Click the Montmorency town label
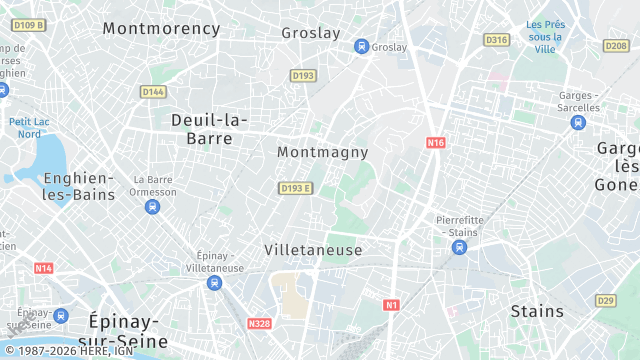[161, 29]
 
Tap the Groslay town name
[311, 32]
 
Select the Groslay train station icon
[361, 47]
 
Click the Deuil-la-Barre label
[210, 129]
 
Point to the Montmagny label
[322, 153]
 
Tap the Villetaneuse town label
[313, 249]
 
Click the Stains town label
[537, 311]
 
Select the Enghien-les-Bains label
[79, 186]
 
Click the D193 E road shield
[296, 188]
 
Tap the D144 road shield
[153, 92]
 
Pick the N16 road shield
[435, 143]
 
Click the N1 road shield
[392, 304]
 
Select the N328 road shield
[259, 323]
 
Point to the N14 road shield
[43, 268]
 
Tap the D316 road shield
[496, 40]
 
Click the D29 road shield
[605, 300]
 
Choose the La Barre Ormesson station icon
[152, 207]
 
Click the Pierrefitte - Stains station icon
[459, 247]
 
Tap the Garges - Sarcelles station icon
[578, 122]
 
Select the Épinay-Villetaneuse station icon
[214, 283]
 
